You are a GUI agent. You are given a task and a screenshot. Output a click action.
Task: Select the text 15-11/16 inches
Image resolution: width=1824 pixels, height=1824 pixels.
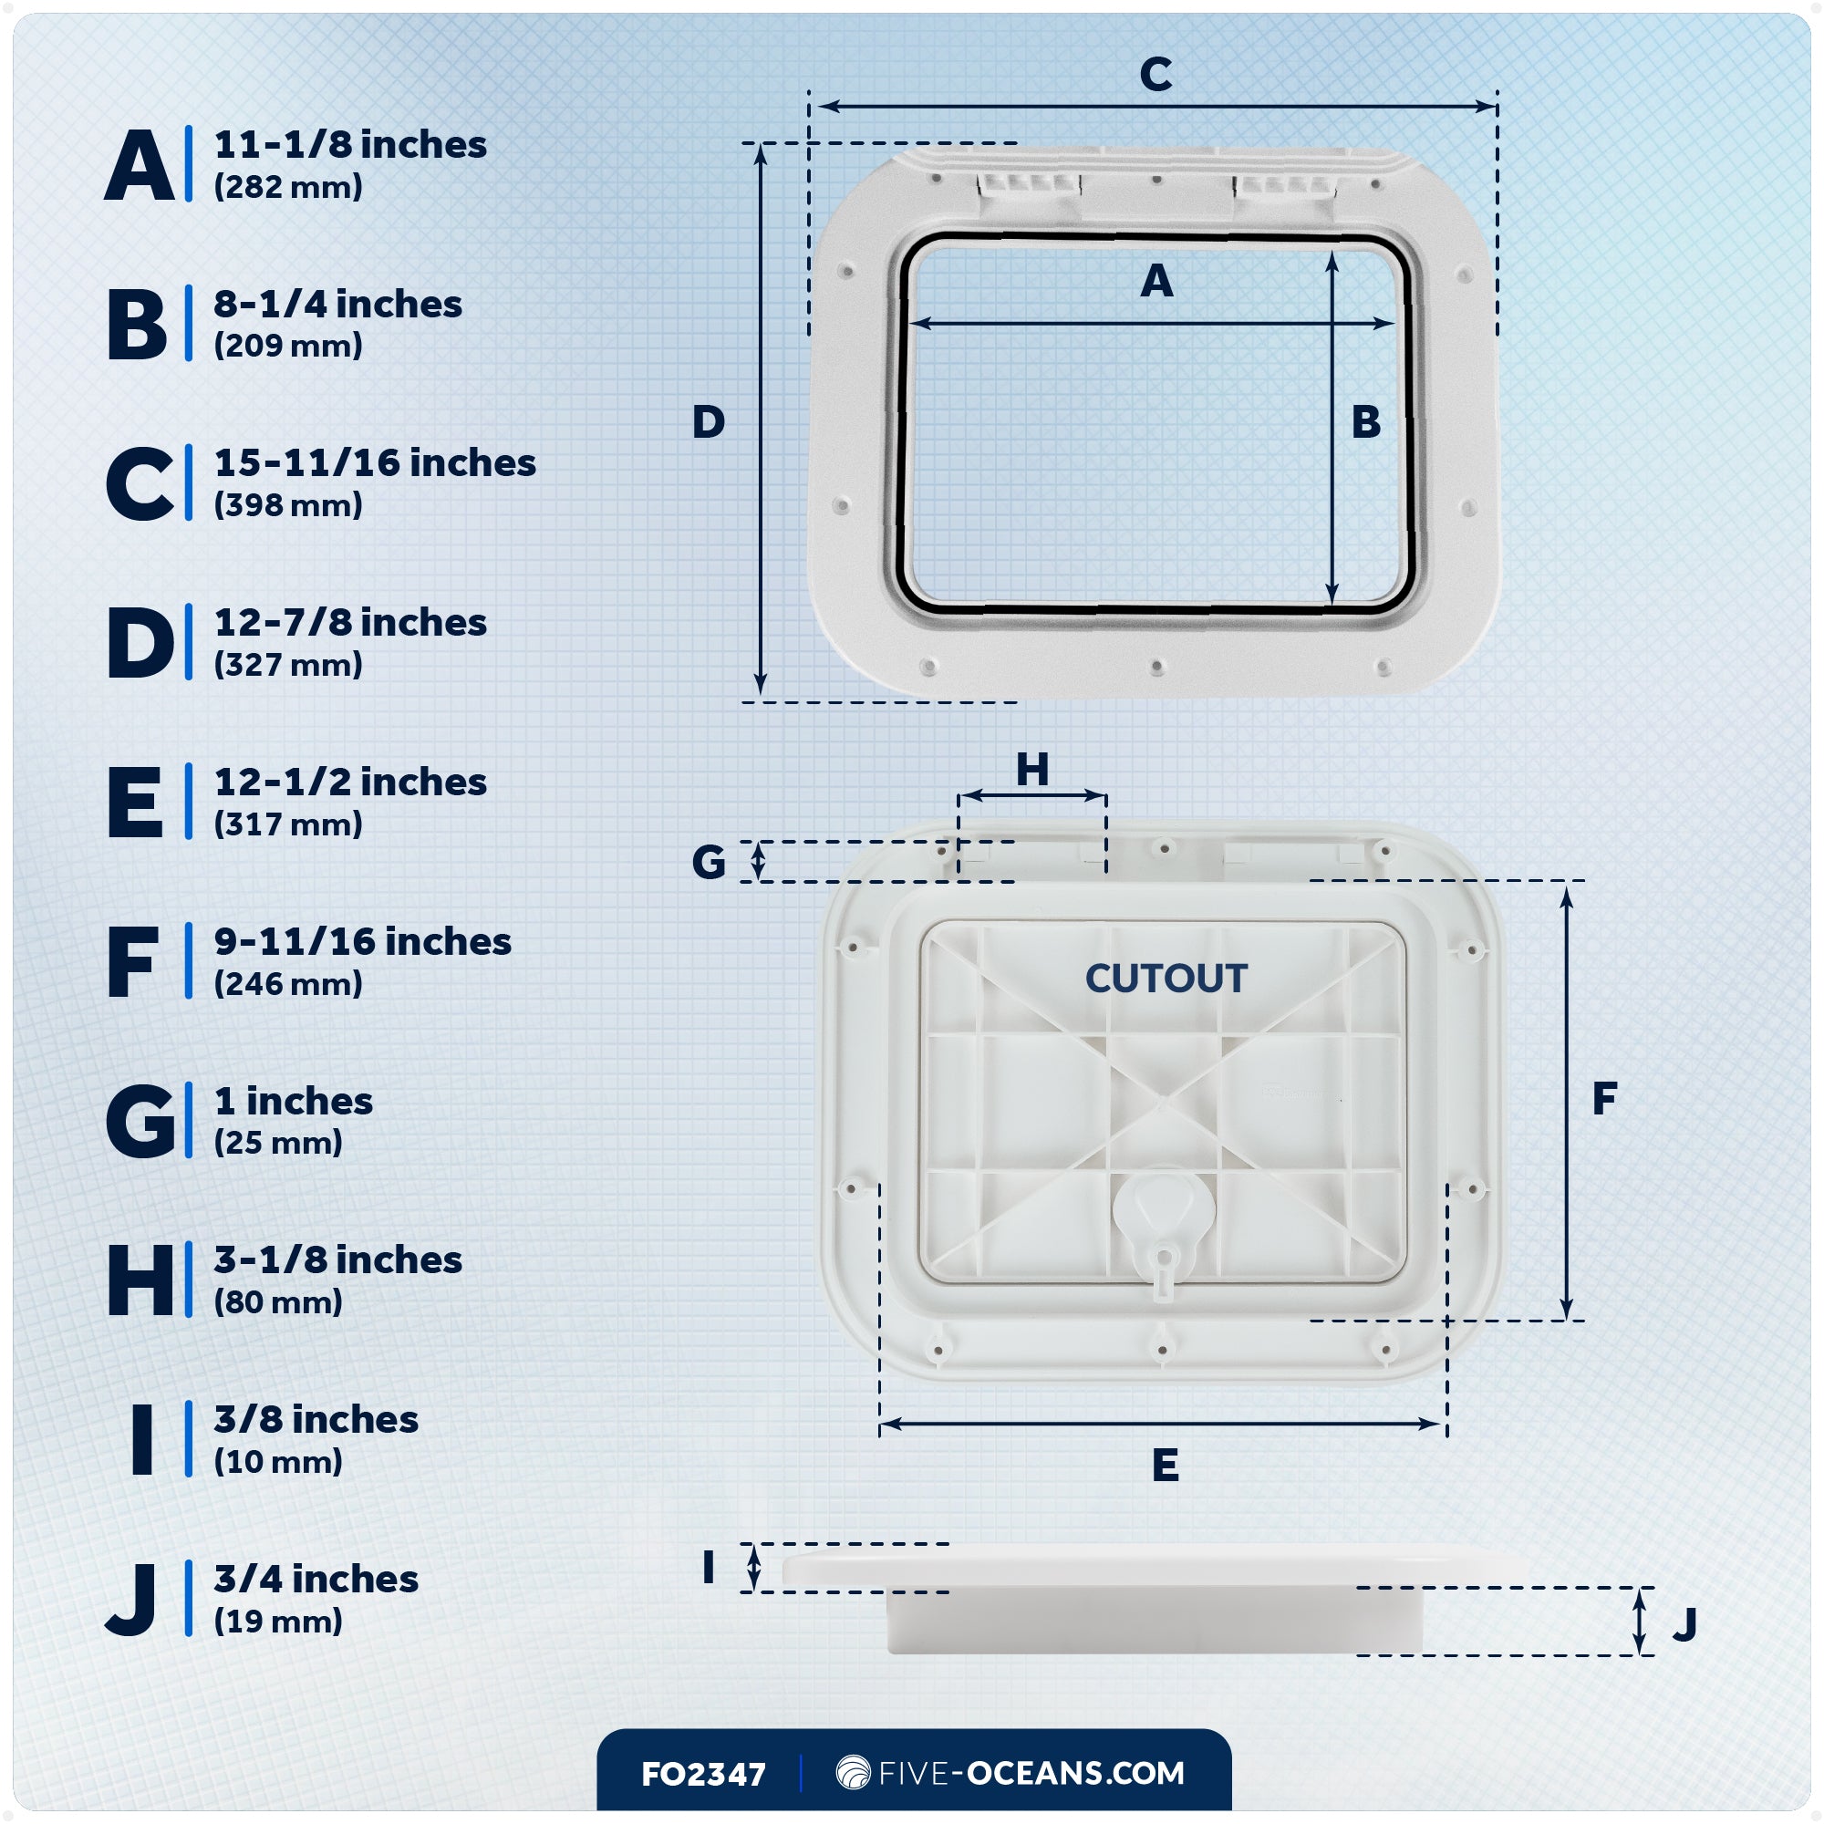(x=375, y=463)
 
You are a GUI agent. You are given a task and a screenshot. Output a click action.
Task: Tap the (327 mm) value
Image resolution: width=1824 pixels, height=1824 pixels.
(x=288, y=665)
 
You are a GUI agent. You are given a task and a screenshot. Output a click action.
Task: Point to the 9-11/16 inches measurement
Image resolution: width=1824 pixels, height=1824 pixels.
(x=363, y=941)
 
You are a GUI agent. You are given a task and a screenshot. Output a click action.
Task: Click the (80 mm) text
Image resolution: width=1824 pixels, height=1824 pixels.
(x=277, y=1302)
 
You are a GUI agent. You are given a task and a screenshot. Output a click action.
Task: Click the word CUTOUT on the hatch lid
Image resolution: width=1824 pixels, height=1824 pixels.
(x=1166, y=978)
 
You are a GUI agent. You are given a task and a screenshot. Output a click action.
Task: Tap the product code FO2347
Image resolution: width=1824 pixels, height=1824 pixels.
(x=703, y=1775)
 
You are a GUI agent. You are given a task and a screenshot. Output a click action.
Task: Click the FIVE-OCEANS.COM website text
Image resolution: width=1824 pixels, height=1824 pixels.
(x=1031, y=1773)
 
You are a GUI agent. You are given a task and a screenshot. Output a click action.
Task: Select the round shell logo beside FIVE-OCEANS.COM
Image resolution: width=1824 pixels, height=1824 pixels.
(x=853, y=1772)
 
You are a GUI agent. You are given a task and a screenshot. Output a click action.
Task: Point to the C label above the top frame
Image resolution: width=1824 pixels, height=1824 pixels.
(x=1156, y=75)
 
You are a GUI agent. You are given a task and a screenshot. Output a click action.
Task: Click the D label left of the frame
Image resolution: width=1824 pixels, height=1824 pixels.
(x=708, y=422)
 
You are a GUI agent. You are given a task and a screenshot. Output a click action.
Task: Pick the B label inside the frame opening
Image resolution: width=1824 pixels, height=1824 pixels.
(x=1365, y=422)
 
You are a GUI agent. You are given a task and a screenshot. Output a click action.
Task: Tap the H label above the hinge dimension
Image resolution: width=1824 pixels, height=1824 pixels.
(x=1031, y=771)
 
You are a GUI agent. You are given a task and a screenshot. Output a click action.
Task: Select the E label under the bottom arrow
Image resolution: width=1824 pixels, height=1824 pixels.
(x=1165, y=1466)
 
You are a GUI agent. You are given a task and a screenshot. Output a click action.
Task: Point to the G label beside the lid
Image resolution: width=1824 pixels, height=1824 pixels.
(x=708, y=862)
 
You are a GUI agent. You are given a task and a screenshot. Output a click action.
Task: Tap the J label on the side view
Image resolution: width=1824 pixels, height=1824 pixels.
(x=1684, y=1624)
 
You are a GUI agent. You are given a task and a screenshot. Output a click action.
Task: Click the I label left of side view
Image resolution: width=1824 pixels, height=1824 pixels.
(x=708, y=1568)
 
